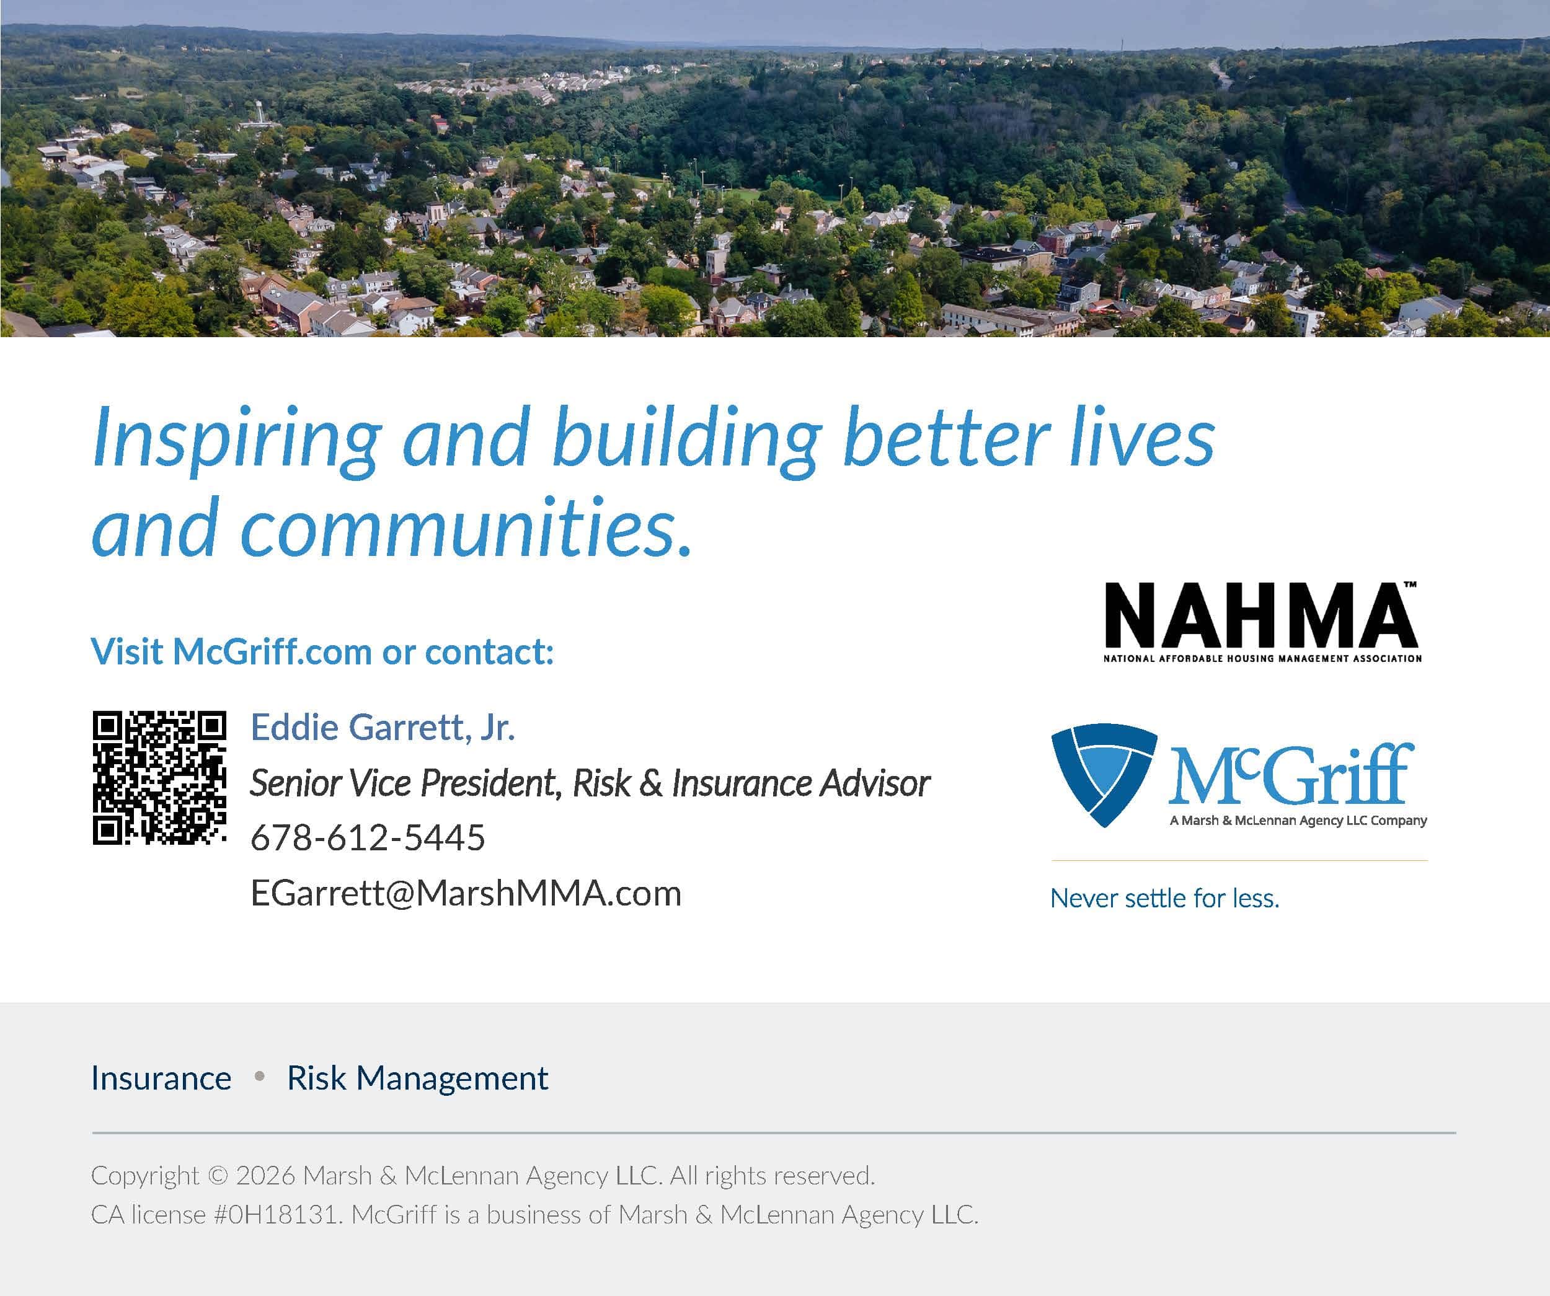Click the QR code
pos(159,777)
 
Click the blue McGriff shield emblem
pos(1103,775)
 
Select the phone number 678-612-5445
pos(368,838)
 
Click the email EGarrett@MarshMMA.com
pos(466,894)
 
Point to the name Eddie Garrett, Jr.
pos(383,727)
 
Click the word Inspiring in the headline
pos(237,440)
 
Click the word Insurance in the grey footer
pos(161,1078)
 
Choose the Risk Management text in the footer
pos(417,1079)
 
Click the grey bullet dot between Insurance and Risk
pos(259,1077)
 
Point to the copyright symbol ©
pos(218,1176)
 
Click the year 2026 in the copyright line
pos(266,1176)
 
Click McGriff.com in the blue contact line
pos(272,651)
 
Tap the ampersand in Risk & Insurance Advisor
pos(651,783)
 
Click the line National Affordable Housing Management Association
pos(1262,658)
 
